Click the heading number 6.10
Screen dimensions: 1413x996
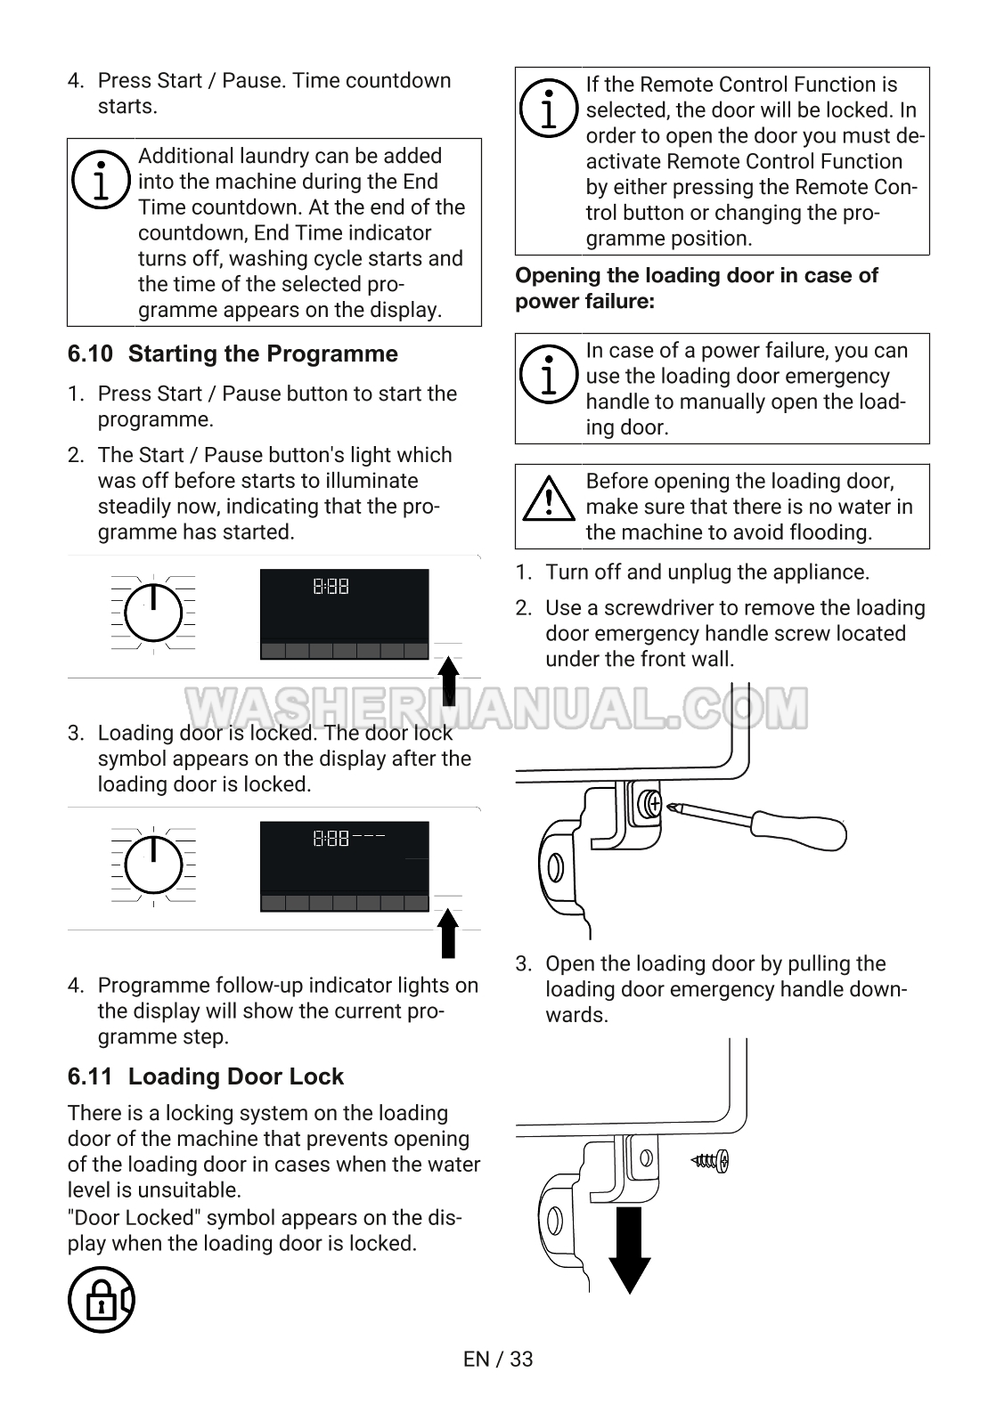tap(90, 354)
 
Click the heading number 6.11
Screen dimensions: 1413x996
tap(90, 1077)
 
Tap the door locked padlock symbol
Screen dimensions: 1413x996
tap(102, 1300)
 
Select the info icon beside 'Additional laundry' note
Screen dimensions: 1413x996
tap(102, 178)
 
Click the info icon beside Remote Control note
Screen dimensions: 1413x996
tap(549, 110)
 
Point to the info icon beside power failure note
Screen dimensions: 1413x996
tap(549, 374)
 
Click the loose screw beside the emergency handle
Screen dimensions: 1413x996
tap(711, 1160)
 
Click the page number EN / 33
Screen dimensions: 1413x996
tap(498, 1359)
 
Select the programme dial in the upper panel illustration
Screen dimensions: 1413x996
tap(154, 613)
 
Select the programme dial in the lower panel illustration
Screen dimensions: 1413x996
tap(154, 865)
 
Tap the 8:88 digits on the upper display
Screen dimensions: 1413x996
tap(331, 587)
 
